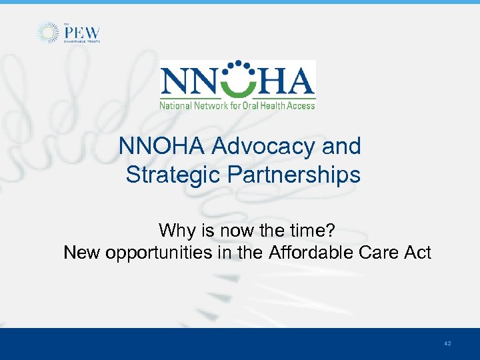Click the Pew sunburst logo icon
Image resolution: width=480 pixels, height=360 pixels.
[47, 33]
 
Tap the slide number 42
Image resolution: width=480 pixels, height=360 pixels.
[447, 343]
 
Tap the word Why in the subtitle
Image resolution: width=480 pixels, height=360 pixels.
[176, 231]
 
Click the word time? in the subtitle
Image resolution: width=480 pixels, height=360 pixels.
[313, 231]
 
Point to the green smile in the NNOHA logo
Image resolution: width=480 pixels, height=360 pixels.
[238, 85]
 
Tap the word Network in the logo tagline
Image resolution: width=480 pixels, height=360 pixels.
[210, 105]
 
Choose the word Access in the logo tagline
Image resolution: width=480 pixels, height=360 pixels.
[299, 105]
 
